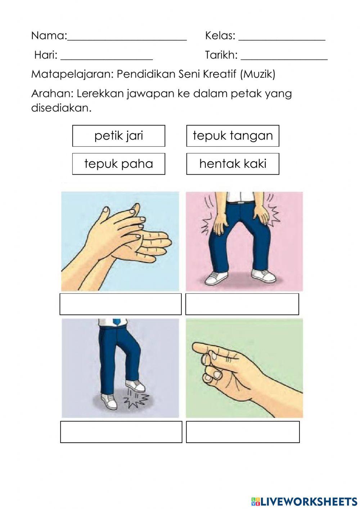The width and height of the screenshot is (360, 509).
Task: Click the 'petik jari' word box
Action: tap(118, 136)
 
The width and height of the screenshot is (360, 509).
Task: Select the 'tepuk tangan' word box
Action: tap(233, 136)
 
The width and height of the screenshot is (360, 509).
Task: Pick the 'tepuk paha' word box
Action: tap(118, 164)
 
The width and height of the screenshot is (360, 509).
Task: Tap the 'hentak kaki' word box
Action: tap(233, 164)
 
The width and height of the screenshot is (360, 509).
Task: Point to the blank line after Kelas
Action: tap(282, 39)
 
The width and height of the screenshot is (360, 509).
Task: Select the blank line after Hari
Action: tap(107, 58)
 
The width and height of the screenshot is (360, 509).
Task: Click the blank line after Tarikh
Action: tap(284, 58)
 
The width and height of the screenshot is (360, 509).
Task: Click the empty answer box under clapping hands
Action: tap(121, 304)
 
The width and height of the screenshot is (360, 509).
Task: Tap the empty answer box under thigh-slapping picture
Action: tap(242, 304)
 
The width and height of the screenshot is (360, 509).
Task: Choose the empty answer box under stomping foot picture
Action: tap(121, 432)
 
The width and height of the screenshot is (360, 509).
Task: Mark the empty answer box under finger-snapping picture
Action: tap(243, 432)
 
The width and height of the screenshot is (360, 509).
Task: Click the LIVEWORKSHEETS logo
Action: tap(304, 501)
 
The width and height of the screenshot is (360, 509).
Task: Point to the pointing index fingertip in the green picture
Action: tap(195, 347)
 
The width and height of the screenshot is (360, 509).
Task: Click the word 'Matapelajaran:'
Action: tap(72, 74)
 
